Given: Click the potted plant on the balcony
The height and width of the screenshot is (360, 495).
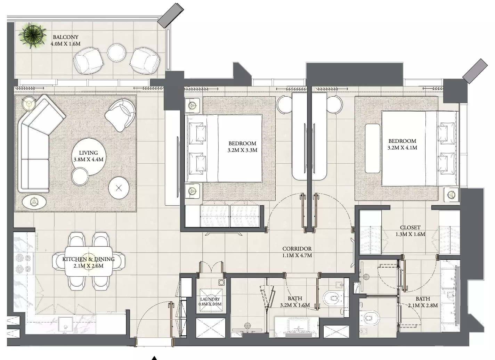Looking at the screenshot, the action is pos(32,35).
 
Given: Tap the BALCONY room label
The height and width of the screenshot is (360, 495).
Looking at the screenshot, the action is pos(66,37).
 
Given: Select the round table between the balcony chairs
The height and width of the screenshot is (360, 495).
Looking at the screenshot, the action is pos(116,53).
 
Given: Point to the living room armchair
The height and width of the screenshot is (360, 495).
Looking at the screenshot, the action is pos(120,115).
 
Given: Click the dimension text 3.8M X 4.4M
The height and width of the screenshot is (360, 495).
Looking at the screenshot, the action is pos(88,159).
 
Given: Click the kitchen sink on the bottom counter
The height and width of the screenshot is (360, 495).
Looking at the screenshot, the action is pos(66,325).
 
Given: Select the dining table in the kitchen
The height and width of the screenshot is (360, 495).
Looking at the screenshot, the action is pos(89,261).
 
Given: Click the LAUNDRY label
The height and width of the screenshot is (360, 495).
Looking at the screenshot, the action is pos(210,299).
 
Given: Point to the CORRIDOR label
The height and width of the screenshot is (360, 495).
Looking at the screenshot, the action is pos(297,249).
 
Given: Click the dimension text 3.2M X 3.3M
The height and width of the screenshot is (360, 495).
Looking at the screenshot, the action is pos(242,150).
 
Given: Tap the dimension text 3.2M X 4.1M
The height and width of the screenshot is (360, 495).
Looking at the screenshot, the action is pos(402,148).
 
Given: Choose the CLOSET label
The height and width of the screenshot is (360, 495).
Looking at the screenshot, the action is pos(410,228).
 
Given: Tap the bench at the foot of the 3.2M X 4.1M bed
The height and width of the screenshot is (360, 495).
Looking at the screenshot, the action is pos(373,148).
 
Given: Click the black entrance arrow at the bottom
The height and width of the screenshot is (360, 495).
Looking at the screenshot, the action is pos(154,358).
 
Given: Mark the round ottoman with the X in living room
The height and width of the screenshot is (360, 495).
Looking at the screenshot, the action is pos(119,188).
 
